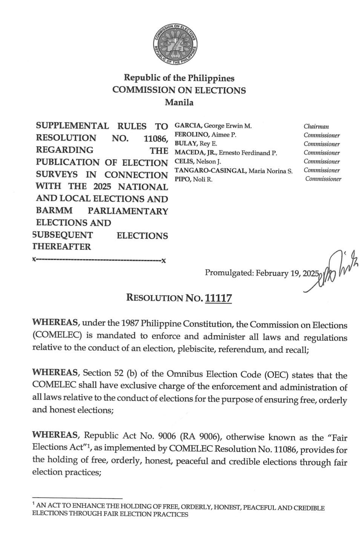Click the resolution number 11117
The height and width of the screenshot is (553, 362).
coord(218,298)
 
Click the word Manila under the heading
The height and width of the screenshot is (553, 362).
coord(179,102)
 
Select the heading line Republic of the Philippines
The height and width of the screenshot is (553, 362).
coord(179,78)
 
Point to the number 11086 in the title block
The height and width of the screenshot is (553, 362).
coord(155,138)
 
